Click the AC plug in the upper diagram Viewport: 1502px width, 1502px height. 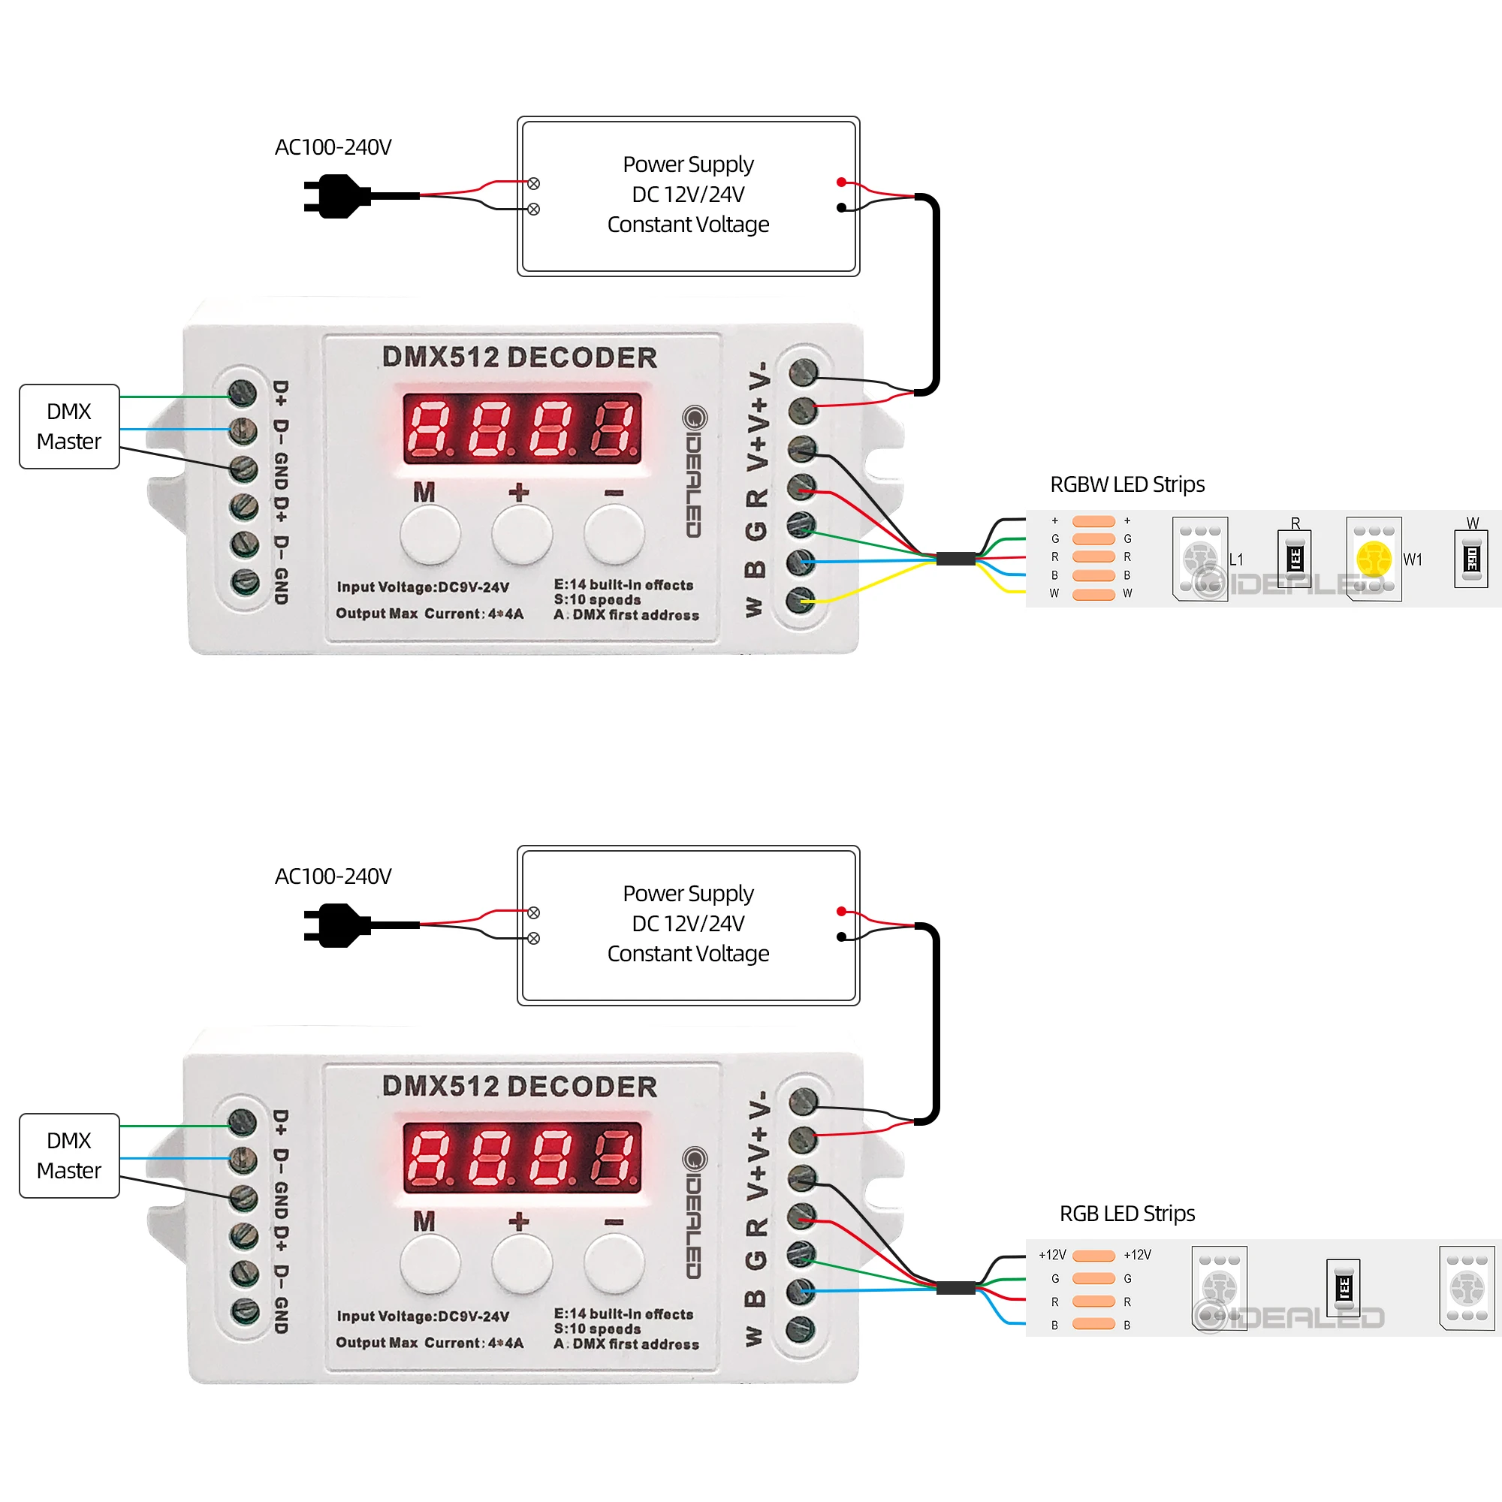(x=336, y=196)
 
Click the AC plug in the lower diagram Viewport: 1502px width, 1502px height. (x=336, y=925)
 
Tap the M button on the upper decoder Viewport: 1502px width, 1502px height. (x=430, y=535)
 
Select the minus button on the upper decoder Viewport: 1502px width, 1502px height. (x=614, y=535)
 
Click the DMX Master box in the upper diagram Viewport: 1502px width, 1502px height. (x=69, y=426)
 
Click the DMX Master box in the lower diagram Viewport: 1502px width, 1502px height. (x=69, y=1155)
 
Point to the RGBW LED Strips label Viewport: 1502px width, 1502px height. (x=1127, y=484)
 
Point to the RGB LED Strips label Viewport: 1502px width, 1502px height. (x=1127, y=1214)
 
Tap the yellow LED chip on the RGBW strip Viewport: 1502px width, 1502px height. (x=1374, y=559)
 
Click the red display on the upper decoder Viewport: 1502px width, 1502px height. (x=522, y=428)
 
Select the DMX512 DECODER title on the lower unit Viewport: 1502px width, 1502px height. (x=520, y=1087)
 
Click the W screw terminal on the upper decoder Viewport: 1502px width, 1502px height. (x=801, y=601)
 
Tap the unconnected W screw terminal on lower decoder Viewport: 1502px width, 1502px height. (x=801, y=1330)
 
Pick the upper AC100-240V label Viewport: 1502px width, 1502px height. (x=333, y=147)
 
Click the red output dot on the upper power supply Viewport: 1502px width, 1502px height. (x=841, y=182)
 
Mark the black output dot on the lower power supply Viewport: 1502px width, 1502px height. (x=841, y=936)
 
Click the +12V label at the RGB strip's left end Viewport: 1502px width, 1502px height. (x=1053, y=1255)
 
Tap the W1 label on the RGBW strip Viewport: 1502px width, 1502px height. (x=1413, y=559)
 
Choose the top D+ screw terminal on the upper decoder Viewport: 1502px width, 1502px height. (x=243, y=394)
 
